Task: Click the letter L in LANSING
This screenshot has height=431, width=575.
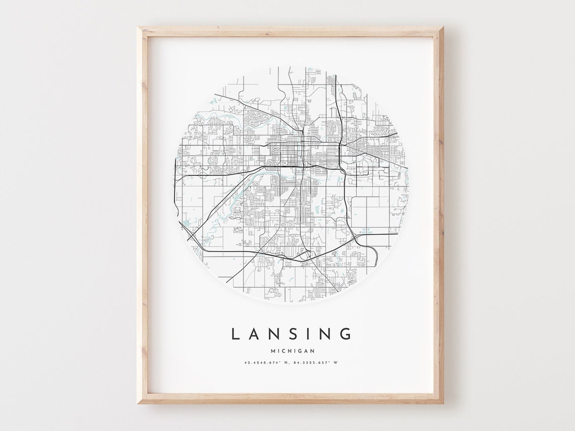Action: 235,334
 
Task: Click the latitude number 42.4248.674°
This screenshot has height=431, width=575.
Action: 261,363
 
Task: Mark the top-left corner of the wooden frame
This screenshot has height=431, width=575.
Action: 138,27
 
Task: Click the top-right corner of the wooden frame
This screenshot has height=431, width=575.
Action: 443,27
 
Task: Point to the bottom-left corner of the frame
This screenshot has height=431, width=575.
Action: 138,403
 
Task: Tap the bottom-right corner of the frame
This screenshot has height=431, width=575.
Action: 443,403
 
